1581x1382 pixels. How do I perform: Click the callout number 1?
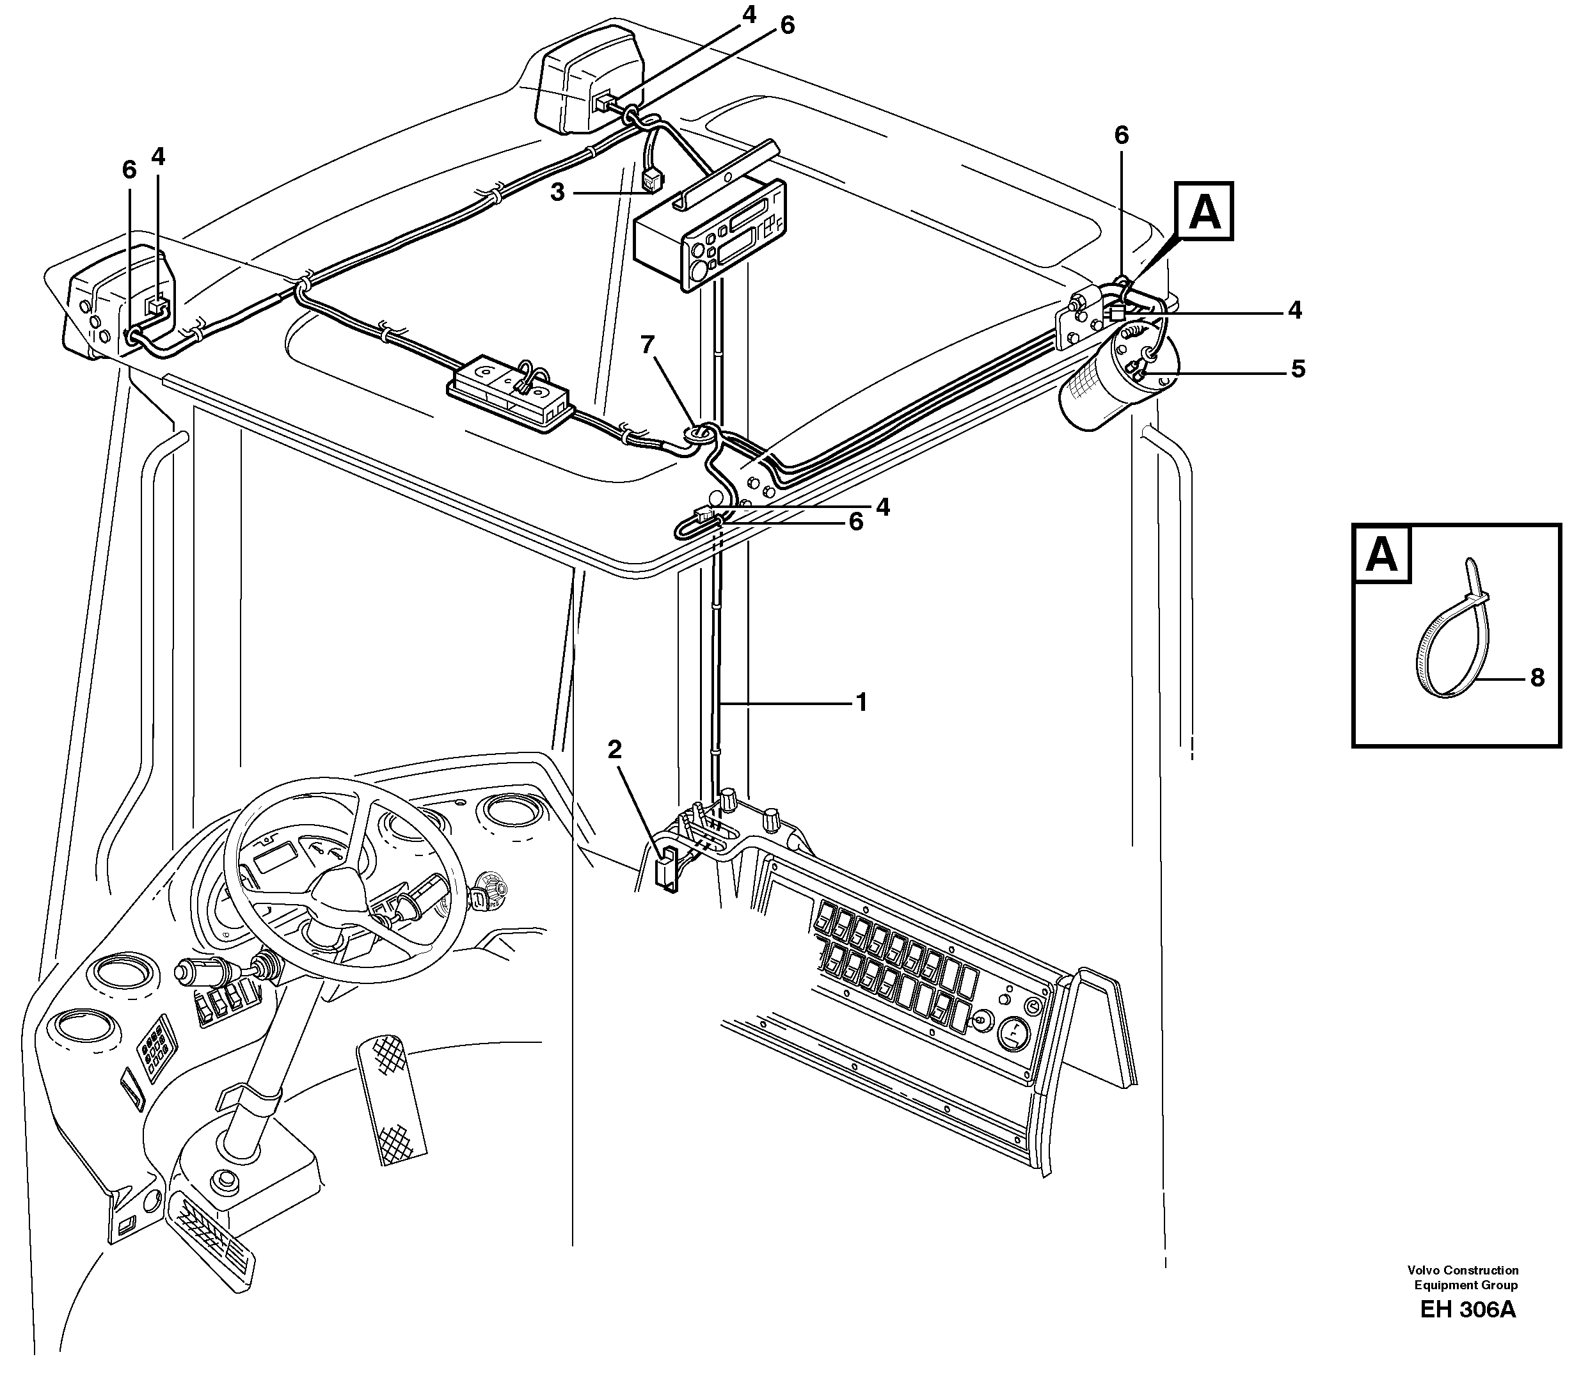pyautogui.click(x=861, y=703)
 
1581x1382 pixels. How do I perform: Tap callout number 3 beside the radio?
pyautogui.click(x=557, y=192)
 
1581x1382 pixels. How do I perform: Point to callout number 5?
pyautogui.click(x=1298, y=369)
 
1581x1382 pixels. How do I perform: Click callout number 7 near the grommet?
pyautogui.click(x=647, y=345)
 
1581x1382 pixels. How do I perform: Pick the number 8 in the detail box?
pyautogui.click(x=1537, y=678)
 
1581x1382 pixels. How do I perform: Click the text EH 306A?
pyautogui.click(x=1467, y=1310)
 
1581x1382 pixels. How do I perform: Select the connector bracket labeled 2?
pyautogui.click(x=665, y=868)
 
